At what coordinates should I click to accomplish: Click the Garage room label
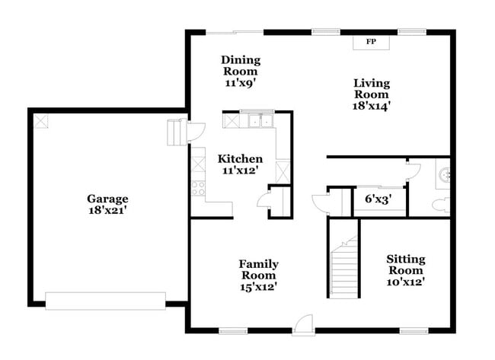pos(106,199)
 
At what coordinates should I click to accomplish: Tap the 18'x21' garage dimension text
pos(106,210)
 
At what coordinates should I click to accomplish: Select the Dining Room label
pos(241,65)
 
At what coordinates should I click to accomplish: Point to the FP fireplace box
pos(371,41)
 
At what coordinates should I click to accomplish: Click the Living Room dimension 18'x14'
pos(371,106)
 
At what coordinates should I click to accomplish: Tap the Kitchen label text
pos(241,158)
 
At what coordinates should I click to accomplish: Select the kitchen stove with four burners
pos(199,187)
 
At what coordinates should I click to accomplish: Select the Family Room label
pos(259,269)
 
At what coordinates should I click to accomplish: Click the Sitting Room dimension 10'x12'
pos(405,282)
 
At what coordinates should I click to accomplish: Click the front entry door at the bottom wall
pos(302,325)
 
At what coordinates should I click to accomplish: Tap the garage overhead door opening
pos(105,301)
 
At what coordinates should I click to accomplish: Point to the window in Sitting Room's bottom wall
pos(413,330)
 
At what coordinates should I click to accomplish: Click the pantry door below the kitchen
pos(263,200)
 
